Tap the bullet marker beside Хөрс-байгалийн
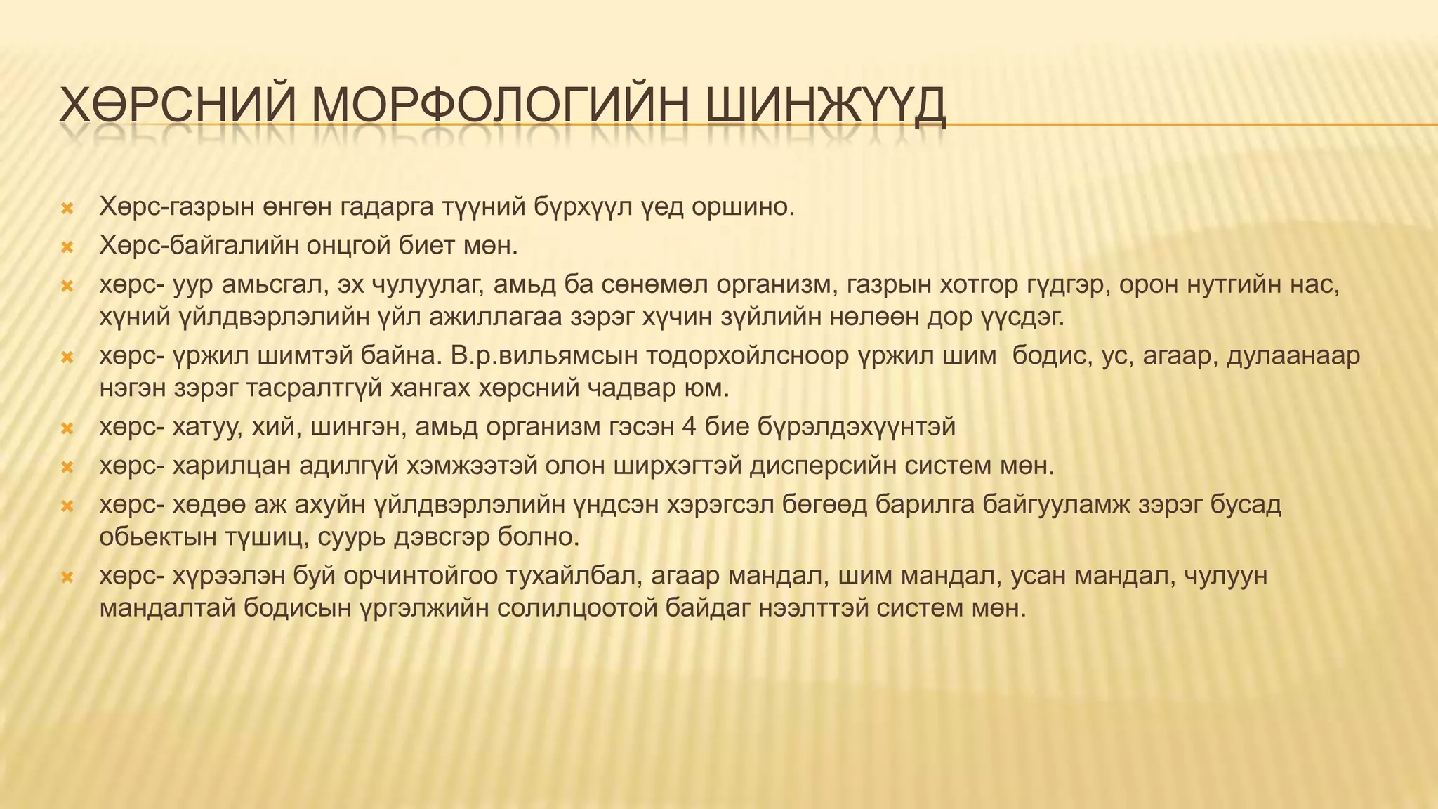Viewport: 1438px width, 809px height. coord(67,247)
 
